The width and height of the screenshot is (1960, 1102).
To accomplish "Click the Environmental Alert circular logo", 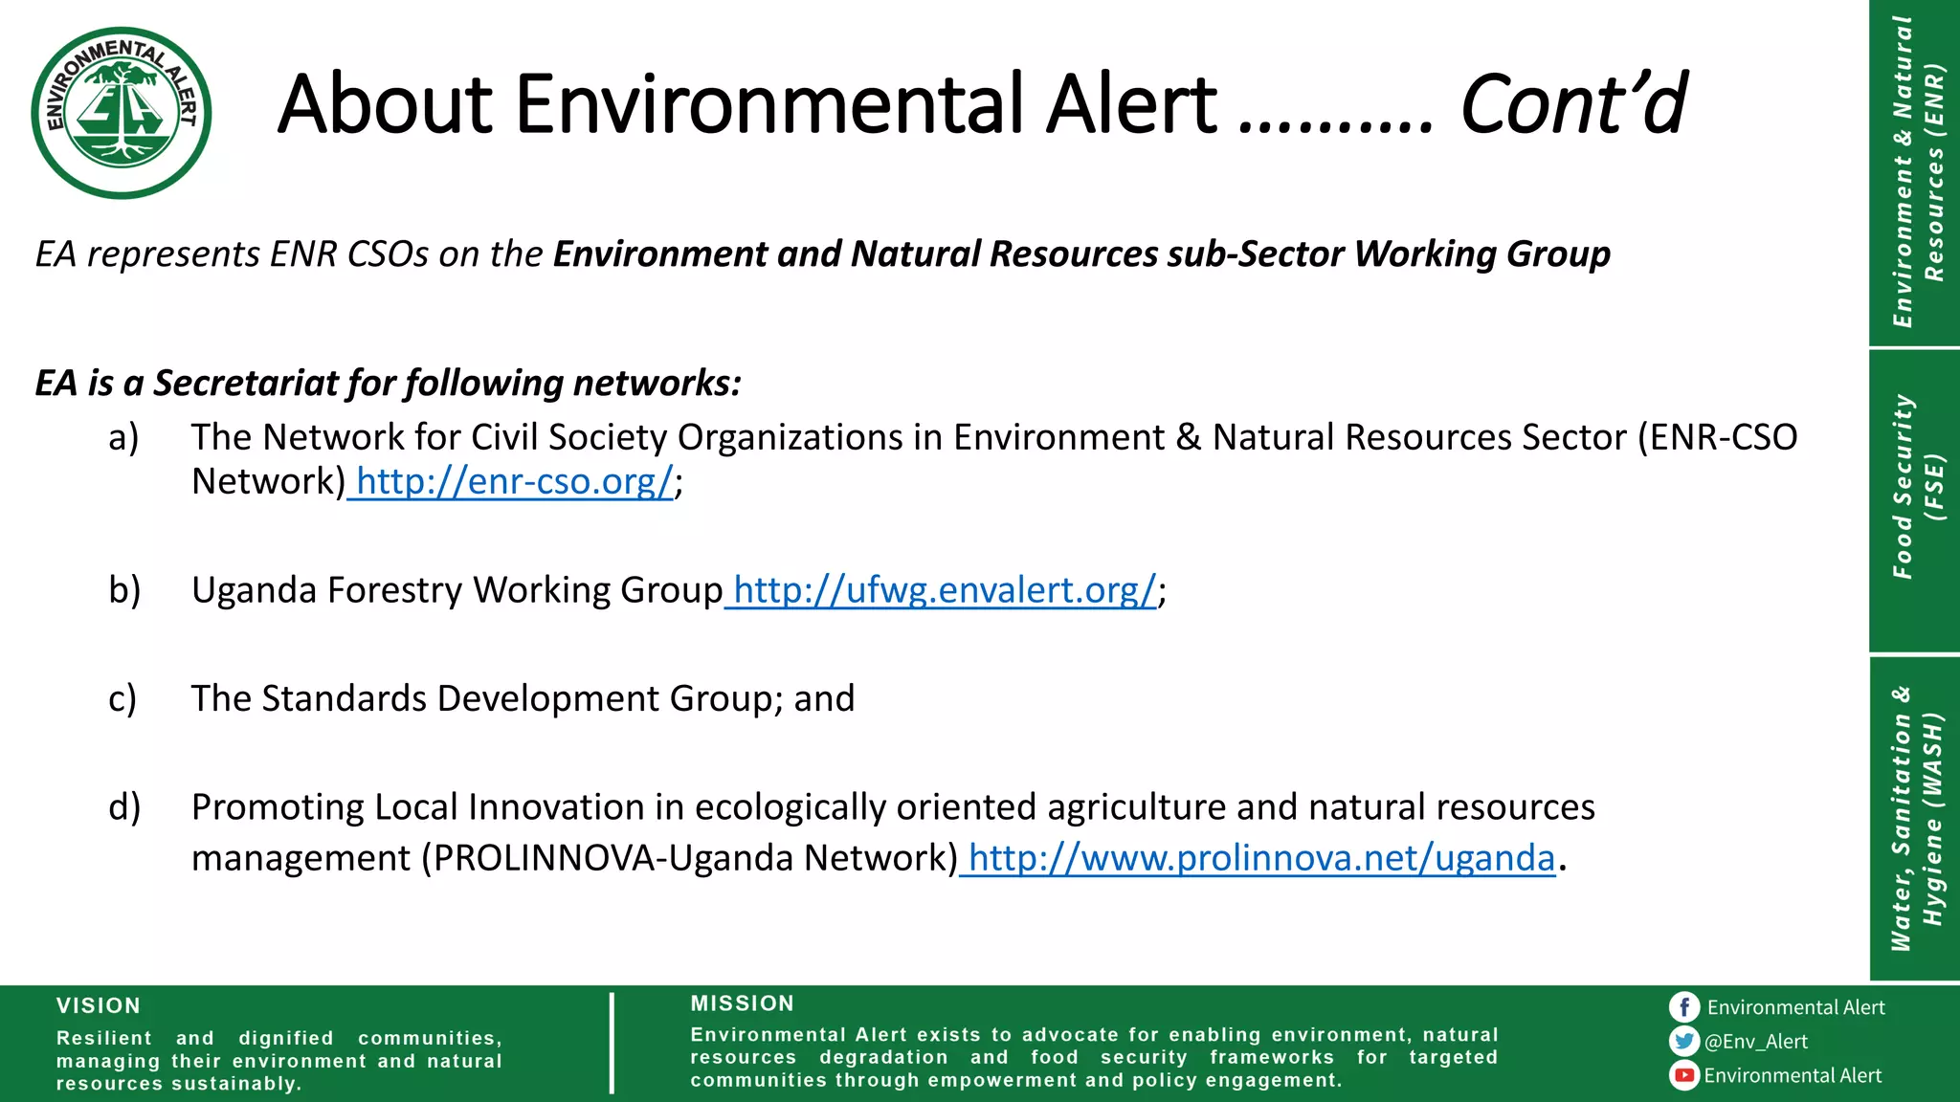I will pos(122,113).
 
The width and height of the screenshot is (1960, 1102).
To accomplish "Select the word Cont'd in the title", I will pos(1572,104).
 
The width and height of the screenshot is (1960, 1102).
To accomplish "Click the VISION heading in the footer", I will pos(99,1005).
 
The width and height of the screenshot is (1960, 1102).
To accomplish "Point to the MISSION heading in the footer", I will pos(743,1003).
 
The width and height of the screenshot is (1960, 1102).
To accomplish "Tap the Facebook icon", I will pos(1683,1007).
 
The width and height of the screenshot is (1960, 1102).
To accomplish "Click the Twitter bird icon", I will pos(1683,1041).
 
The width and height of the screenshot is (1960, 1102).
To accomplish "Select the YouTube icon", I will pos(1683,1075).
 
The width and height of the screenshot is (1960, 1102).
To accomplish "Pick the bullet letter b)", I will pos(124,590).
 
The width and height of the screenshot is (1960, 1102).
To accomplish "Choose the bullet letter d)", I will pos(124,807).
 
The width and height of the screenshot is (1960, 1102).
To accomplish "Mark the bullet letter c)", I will pos(122,699).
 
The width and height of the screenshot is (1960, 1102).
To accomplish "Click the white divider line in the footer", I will pos(612,1043).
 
